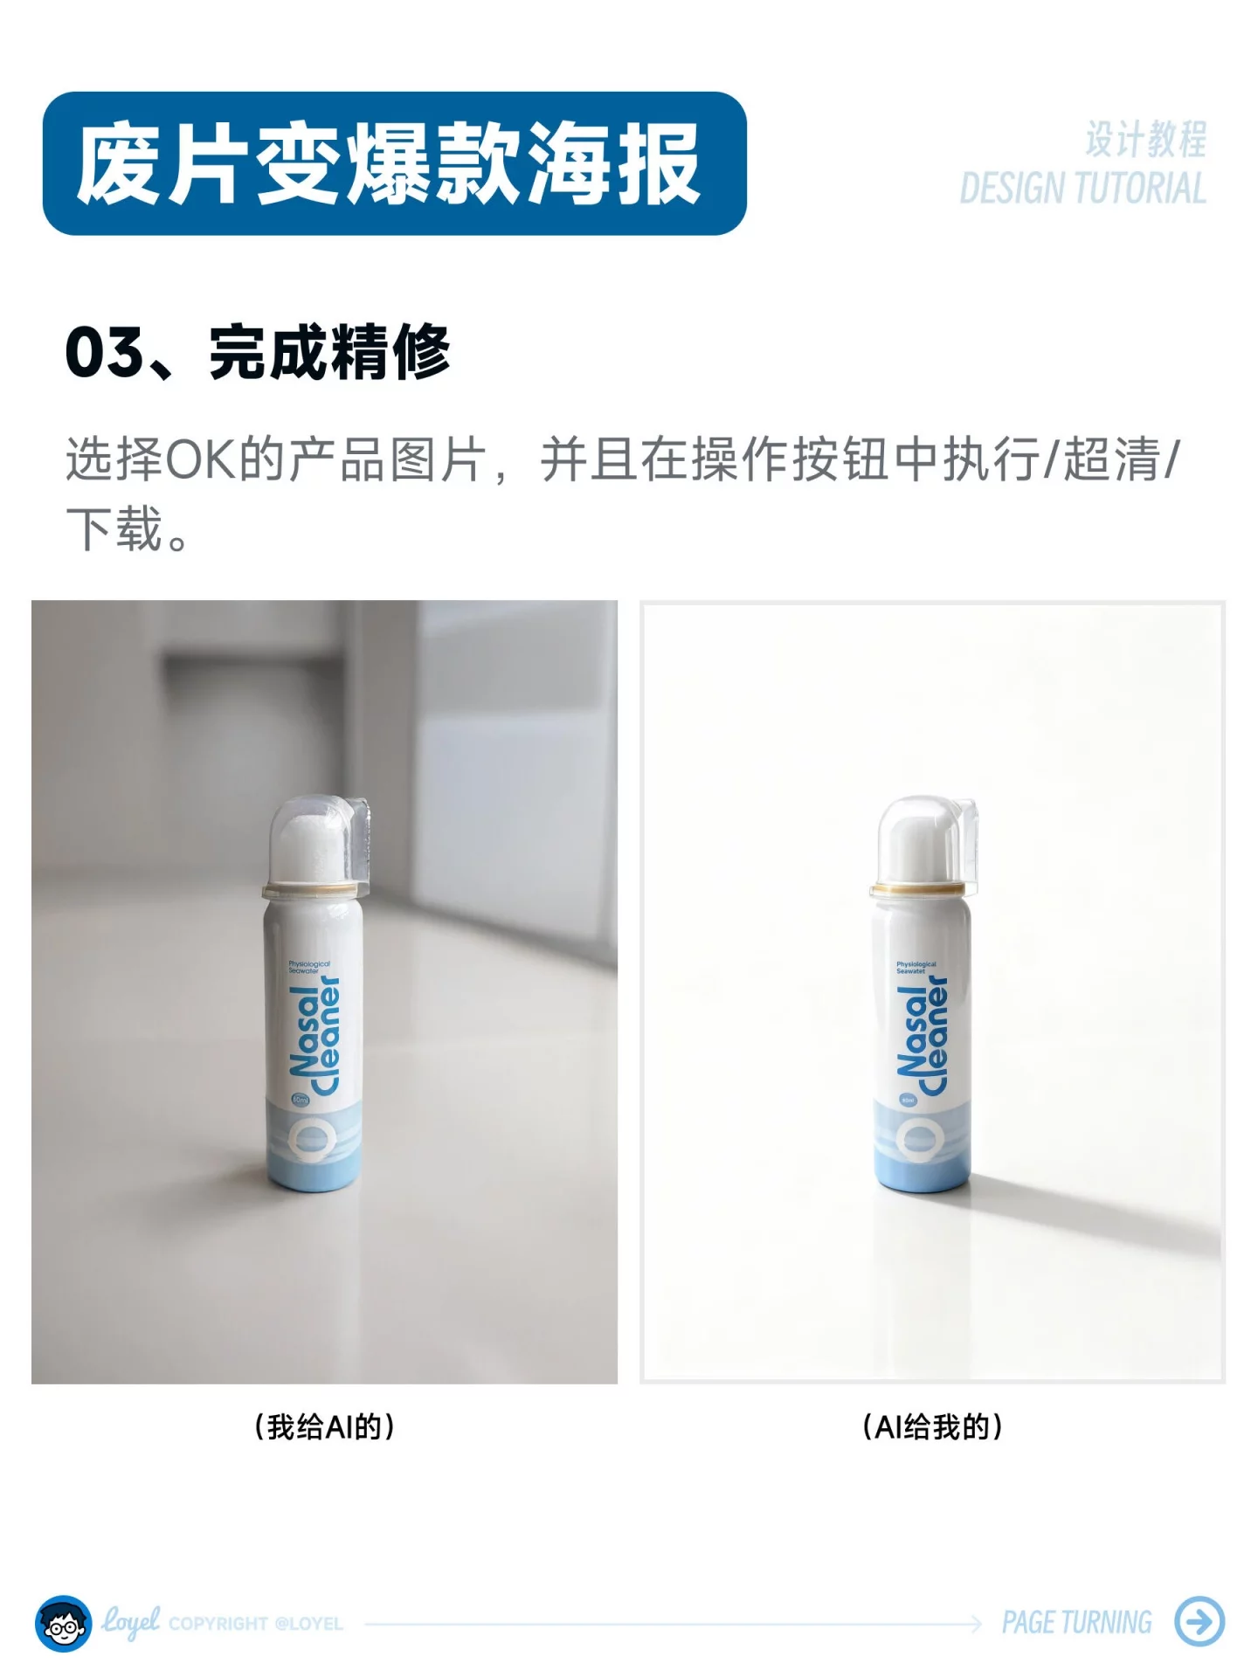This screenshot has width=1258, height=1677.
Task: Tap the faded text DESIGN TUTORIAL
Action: [x=1082, y=189]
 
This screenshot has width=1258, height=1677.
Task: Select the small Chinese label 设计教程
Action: [x=1145, y=140]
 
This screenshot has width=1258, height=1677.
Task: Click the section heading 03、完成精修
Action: [x=258, y=352]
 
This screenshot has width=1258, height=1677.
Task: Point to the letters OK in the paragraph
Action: [x=200, y=459]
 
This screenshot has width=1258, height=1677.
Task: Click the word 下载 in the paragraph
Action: [x=114, y=529]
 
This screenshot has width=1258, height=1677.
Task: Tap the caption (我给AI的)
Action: [x=324, y=1426]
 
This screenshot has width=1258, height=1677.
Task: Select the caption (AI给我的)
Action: [x=932, y=1426]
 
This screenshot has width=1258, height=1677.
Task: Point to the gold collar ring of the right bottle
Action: [x=917, y=889]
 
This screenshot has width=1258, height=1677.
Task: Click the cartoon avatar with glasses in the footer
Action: [x=63, y=1623]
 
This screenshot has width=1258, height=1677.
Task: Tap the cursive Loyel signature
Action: [x=130, y=1620]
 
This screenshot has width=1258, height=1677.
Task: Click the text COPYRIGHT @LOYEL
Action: [x=255, y=1624]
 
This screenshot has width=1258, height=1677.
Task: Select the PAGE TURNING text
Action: [x=1076, y=1622]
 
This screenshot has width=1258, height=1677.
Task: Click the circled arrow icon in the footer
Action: [x=1199, y=1622]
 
